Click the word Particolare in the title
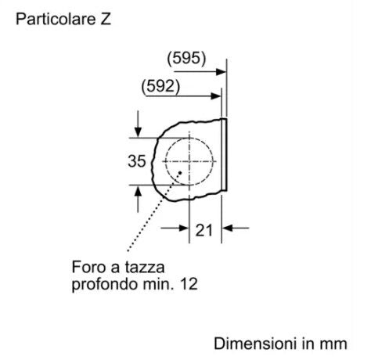click(x=56, y=19)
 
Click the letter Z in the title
click(x=106, y=19)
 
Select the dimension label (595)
click(x=186, y=58)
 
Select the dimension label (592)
click(x=160, y=86)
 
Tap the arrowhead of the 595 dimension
click(x=221, y=72)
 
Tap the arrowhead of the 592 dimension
click(x=216, y=96)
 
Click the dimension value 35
click(x=136, y=161)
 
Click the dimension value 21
click(x=204, y=230)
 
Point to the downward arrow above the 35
click(x=138, y=124)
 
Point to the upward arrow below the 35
click(x=139, y=199)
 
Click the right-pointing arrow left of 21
click(x=175, y=229)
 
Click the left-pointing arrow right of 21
click(x=236, y=228)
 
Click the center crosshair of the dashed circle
click(x=189, y=161)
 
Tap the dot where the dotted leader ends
click(x=180, y=173)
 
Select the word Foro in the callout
click(x=89, y=267)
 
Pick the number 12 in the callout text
click(x=189, y=284)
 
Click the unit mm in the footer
click(x=333, y=345)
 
